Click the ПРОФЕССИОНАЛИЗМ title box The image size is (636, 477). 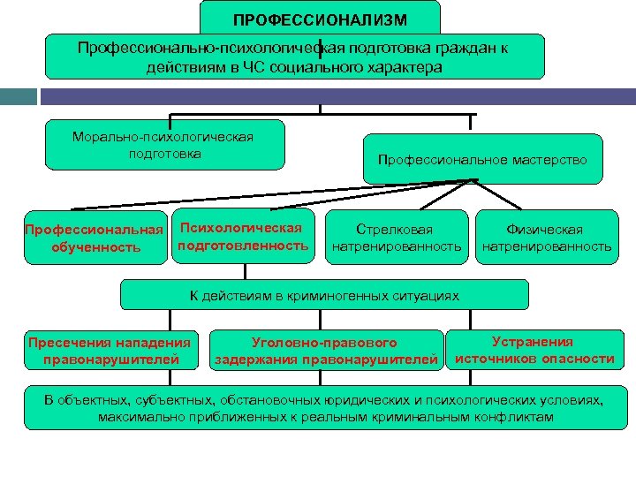click(320, 19)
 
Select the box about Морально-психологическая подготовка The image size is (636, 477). click(165, 145)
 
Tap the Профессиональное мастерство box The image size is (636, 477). click(482, 160)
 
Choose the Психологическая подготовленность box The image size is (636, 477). click(243, 236)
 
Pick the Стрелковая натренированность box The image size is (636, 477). click(397, 238)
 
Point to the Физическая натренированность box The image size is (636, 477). click(546, 238)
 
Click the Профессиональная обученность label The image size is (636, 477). click(95, 238)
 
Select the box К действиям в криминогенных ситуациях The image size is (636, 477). click(324, 296)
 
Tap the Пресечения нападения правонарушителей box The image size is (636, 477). click(110, 351)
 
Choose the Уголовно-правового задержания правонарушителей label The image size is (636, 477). click(325, 351)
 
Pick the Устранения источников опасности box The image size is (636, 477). click(533, 350)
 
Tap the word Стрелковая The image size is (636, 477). click(396, 230)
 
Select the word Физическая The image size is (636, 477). click(545, 230)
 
